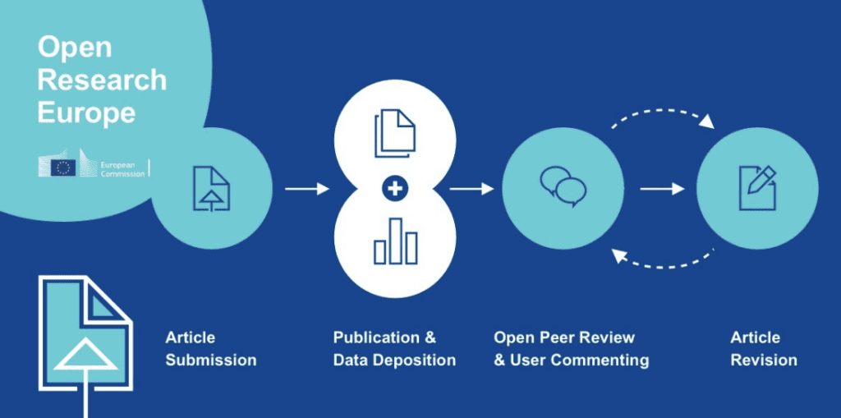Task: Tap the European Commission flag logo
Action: (63, 168)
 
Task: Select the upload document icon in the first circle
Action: (211, 188)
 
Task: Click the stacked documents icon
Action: (395, 134)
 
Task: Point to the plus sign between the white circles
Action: (395, 190)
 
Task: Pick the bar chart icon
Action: (395, 241)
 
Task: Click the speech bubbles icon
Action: (563, 186)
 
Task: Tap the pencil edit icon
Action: (757, 187)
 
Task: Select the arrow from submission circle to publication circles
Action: (306, 190)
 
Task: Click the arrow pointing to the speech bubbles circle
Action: (471, 190)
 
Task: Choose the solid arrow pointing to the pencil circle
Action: (662, 190)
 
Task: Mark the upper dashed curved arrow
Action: (661, 114)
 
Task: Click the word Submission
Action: (211, 361)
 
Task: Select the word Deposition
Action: (416, 361)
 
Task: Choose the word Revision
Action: (763, 361)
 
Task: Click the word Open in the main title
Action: (74, 48)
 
